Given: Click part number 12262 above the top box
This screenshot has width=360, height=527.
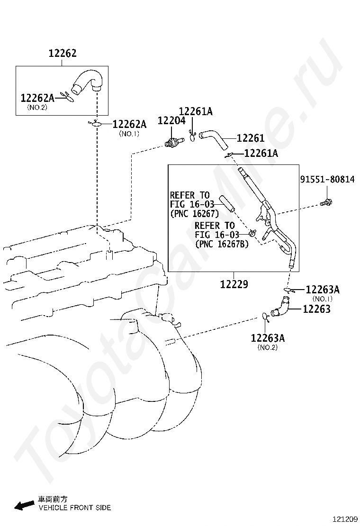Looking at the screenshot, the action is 63,53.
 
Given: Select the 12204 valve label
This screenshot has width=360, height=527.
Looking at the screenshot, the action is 171,121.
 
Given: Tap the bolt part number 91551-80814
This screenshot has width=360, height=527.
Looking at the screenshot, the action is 327,179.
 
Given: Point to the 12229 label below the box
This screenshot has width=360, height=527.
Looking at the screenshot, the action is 234,284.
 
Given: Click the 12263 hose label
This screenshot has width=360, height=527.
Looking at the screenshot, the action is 317,309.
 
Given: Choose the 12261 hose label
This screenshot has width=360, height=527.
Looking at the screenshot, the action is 251,138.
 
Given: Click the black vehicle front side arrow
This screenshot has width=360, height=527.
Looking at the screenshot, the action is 24,505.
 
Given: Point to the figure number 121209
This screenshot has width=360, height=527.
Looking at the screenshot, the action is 345,519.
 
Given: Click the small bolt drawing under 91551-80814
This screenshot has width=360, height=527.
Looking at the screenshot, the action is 326,203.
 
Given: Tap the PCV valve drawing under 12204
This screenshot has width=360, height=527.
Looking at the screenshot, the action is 174,142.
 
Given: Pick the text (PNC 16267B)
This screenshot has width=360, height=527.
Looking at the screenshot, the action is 222,244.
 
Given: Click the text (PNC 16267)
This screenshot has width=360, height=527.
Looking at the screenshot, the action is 194,213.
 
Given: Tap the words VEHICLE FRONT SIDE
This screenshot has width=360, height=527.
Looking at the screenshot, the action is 74,508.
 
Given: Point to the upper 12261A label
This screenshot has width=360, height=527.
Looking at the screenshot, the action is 196,111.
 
